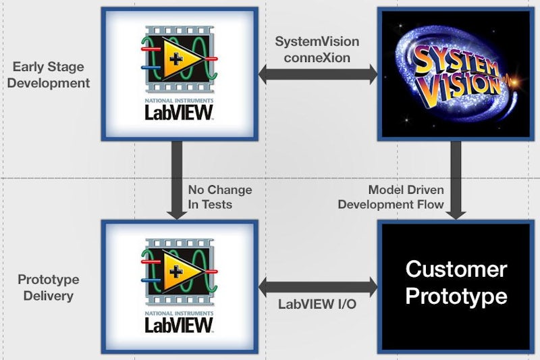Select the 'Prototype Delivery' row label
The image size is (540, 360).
48,287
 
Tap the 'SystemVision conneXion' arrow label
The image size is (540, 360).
317,49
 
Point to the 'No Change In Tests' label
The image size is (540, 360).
219,197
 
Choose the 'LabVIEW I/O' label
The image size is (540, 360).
317,305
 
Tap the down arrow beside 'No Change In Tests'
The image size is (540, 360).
178,180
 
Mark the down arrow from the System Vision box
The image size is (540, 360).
456,180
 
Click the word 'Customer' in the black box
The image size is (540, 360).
456,269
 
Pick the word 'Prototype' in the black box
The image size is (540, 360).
456,296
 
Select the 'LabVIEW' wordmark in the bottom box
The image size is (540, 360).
179,325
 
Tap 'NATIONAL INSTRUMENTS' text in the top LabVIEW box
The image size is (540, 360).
178,99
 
